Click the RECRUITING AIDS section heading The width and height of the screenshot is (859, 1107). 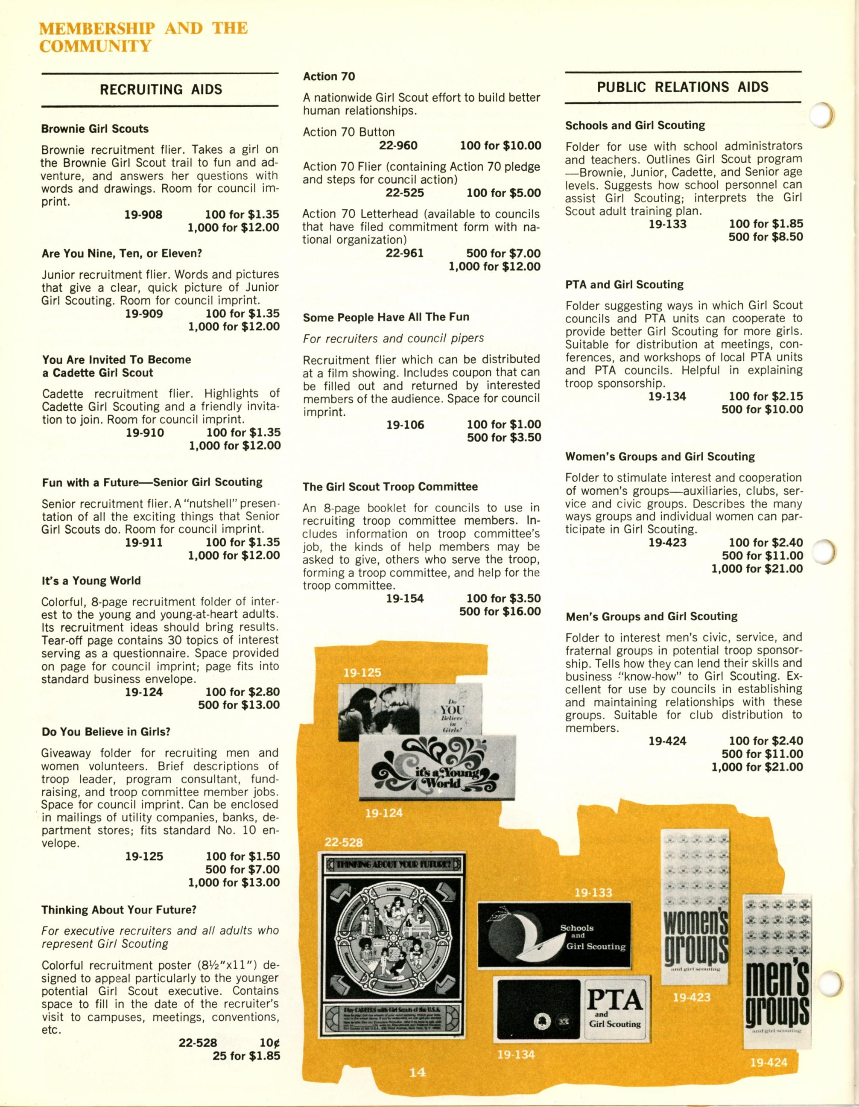[161, 90]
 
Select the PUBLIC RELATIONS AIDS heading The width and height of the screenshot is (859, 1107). [682, 87]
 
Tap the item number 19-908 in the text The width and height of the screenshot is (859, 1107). [143, 214]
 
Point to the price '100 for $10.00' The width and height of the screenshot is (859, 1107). [500, 146]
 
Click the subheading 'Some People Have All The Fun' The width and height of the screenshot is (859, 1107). [386, 317]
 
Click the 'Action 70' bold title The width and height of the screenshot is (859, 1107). [329, 76]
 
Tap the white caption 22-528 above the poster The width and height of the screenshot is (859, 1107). [344, 843]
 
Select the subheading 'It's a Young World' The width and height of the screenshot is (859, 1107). [91, 581]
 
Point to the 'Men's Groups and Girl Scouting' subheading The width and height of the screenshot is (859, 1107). [651, 616]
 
